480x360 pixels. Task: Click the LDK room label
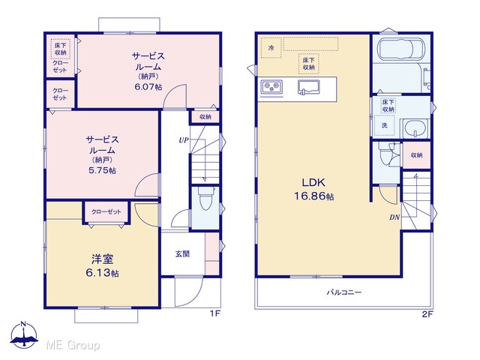coord(313,183)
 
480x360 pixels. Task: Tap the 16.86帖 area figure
coord(313,196)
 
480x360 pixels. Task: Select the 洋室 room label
coord(102,259)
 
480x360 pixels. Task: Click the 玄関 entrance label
coord(182,253)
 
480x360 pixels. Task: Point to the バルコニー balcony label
coord(343,292)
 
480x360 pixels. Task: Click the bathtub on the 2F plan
coord(401,49)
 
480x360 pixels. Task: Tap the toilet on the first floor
coord(205,198)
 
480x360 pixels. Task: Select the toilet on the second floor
coord(385,154)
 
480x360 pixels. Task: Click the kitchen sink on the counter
coord(308,87)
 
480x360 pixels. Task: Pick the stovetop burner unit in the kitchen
coord(271,87)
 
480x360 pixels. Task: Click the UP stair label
coord(183,140)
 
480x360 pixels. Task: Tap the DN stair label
coord(394,217)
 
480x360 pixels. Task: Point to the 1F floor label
coord(215,313)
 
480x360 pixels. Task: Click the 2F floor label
coord(427,313)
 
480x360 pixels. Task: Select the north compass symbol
coord(24,335)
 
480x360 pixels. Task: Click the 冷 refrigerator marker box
coord(271,48)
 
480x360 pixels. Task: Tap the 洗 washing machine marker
coord(385,125)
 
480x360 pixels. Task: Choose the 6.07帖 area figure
coord(148,87)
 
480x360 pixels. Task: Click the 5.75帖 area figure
coord(102,170)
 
